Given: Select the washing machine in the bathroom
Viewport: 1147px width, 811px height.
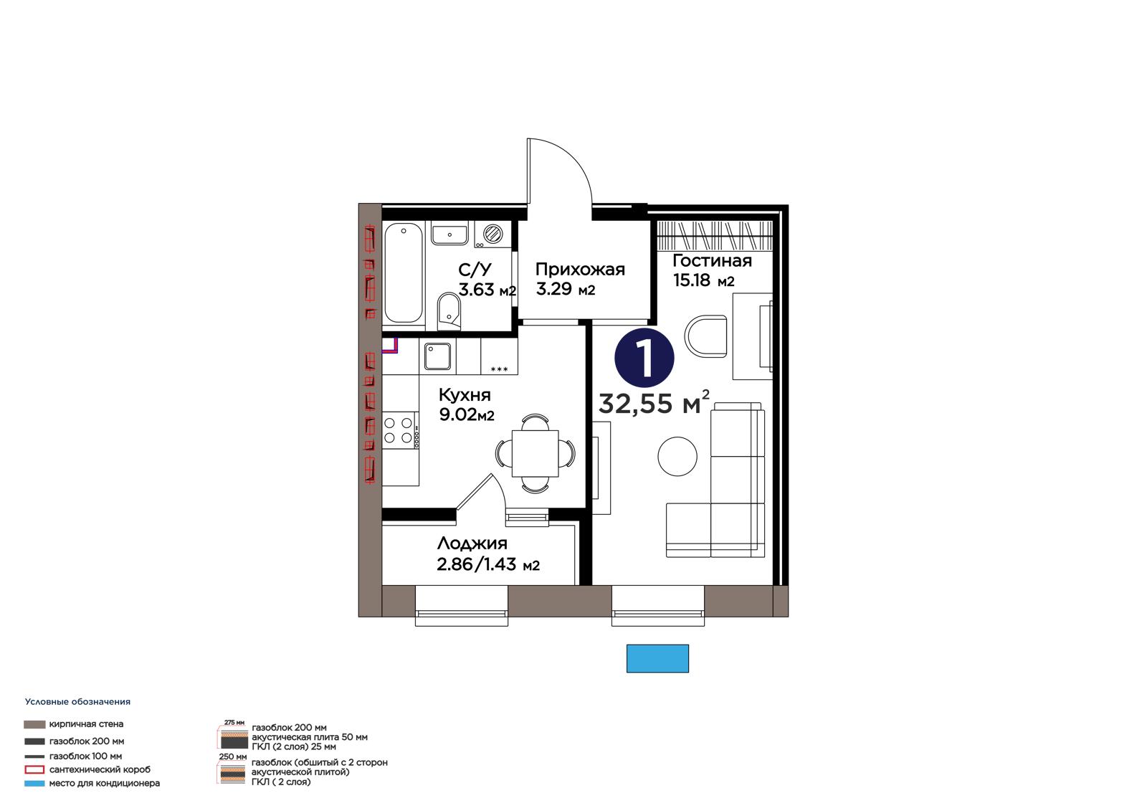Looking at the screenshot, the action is tap(492, 234).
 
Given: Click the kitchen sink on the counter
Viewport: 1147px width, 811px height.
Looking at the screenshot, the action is tap(437, 356).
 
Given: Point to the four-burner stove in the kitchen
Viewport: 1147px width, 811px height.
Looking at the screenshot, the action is tap(399, 430).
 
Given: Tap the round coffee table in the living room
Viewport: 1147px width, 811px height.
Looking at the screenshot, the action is tap(677, 456).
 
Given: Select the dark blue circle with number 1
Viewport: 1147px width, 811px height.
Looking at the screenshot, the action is tap(644, 357).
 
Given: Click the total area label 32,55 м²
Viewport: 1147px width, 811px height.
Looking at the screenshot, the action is tap(654, 403).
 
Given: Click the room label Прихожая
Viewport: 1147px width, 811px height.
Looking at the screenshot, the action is tap(580, 270).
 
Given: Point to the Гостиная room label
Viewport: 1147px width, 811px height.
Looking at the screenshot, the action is tap(712, 261).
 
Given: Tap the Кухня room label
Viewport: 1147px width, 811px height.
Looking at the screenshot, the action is tap(465, 395).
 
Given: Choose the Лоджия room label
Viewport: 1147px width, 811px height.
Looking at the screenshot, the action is tap(472, 544).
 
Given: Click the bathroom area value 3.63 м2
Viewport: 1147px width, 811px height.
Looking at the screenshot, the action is tap(487, 290).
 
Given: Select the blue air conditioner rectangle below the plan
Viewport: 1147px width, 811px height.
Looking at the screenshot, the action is tap(657, 658).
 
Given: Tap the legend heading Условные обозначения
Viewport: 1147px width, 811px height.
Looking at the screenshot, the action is tap(77, 702).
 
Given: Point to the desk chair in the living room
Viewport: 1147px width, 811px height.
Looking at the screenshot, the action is tap(705, 336).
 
